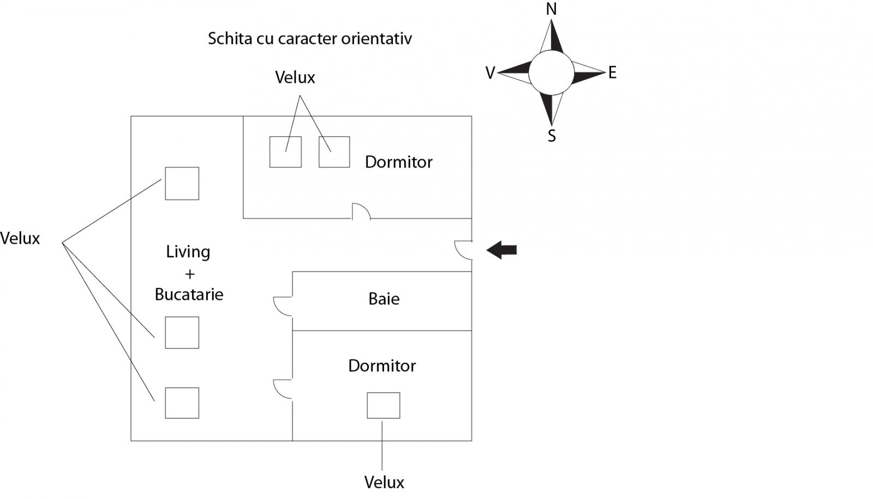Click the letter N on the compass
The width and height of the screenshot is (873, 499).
(551, 9)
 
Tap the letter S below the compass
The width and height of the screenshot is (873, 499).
(552, 136)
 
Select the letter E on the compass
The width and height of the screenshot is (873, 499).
(612, 73)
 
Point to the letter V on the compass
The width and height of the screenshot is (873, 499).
(490, 73)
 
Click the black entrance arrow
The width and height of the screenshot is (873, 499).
(501, 250)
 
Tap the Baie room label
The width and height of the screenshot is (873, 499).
(384, 299)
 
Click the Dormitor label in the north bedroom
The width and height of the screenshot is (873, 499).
(398, 162)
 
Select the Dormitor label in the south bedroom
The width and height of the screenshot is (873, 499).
(381, 365)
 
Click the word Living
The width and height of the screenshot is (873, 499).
(188, 252)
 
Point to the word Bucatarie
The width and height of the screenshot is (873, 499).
(189, 294)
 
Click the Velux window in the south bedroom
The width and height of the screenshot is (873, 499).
(383, 405)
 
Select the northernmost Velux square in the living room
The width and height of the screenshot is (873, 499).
(182, 183)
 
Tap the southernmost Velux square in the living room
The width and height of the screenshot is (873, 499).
(182, 402)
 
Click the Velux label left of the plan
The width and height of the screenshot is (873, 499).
(20, 238)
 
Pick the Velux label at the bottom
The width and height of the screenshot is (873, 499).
(384, 482)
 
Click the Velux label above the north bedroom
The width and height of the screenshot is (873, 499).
(295, 77)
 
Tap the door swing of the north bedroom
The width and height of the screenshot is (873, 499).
(361, 212)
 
